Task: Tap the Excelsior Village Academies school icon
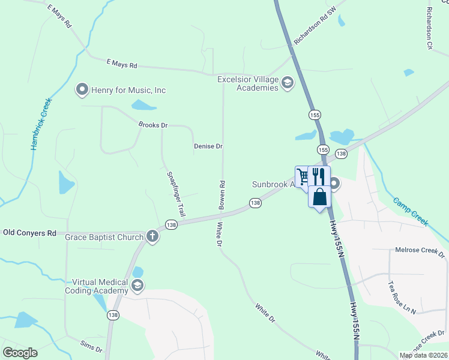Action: tap(288, 83)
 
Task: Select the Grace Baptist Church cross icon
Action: tap(152, 236)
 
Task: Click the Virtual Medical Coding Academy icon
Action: tap(137, 286)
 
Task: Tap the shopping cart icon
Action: tap(303, 176)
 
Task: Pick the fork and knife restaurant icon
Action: tap(318, 176)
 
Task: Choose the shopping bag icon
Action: tap(319, 197)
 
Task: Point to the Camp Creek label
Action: tap(411, 211)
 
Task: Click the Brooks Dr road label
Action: tap(152, 125)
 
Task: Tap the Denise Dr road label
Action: tap(208, 146)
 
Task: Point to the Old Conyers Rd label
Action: tap(29, 232)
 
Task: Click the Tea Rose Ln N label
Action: tap(402, 298)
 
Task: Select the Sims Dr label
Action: tap(91, 346)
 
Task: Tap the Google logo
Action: tap(20, 353)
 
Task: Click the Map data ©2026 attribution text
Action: tap(423, 355)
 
